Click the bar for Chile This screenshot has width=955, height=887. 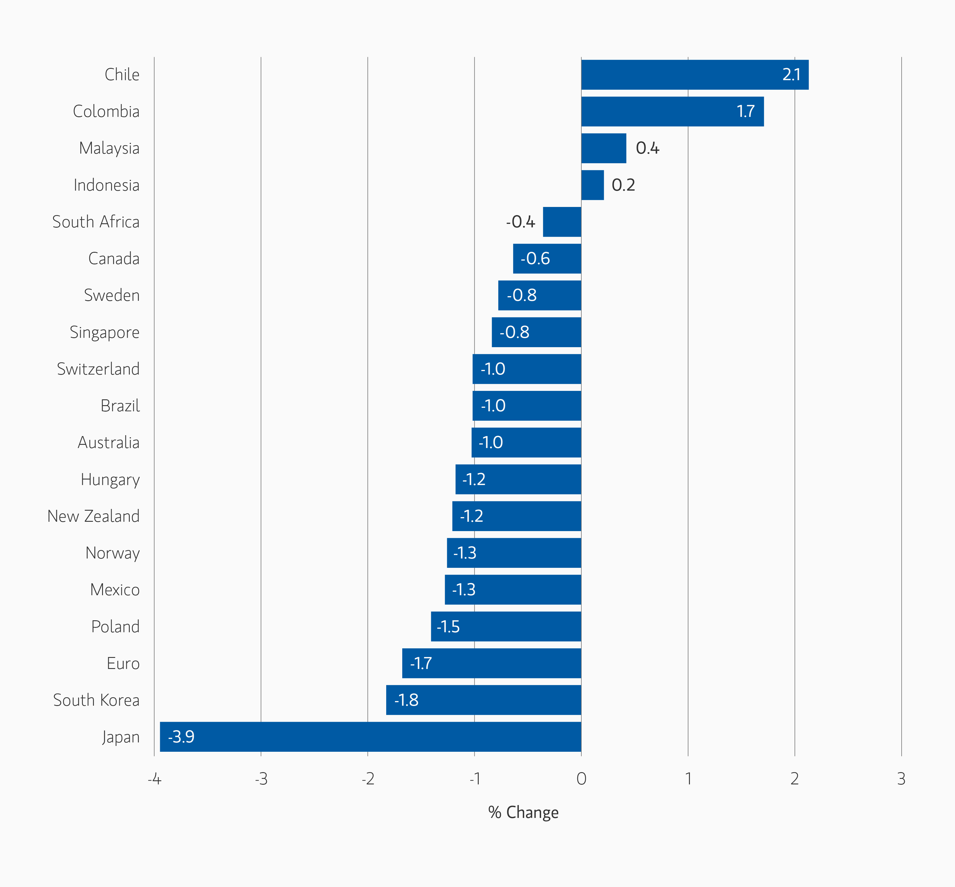tap(695, 75)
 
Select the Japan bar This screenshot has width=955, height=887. tap(370, 737)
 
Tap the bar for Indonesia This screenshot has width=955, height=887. tap(592, 185)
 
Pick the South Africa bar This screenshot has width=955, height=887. tap(562, 222)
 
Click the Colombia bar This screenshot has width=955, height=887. tap(673, 111)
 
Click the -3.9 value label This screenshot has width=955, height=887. tap(181, 737)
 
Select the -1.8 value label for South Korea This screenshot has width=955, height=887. tap(406, 700)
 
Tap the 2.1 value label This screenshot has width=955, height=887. tap(791, 75)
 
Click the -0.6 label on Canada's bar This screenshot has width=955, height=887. tap(535, 259)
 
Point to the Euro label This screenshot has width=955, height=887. tap(123, 664)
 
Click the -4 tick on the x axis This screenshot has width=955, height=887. tap(154, 779)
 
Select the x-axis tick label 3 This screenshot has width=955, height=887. tap(901, 779)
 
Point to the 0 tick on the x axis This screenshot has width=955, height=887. tap(581, 779)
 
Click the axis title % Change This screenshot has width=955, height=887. tap(523, 813)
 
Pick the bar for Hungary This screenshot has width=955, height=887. tap(518, 479)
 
